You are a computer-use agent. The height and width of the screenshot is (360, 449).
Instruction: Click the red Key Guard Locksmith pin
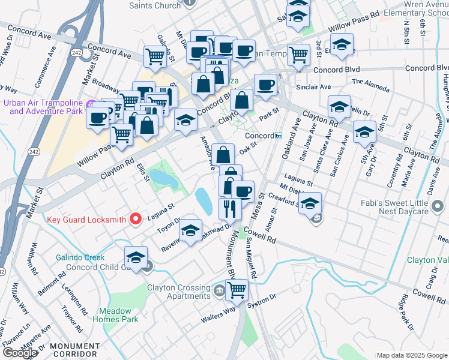click(136, 219)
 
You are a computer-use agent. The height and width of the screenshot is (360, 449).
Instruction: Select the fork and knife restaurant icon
click(230, 209)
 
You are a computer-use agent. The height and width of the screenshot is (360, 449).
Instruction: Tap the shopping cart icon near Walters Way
click(237, 290)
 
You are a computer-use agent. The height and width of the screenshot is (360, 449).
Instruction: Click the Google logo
click(20, 353)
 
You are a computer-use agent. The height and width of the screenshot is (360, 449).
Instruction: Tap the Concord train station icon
click(279, 136)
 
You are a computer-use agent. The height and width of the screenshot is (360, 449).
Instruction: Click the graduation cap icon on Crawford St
click(310, 204)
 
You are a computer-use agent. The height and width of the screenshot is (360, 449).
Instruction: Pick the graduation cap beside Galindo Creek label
click(136, 258)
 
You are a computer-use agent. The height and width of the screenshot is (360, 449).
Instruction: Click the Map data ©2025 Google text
click(412, 355)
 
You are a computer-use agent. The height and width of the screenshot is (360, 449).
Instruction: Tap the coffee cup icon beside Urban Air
click(97, 118)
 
